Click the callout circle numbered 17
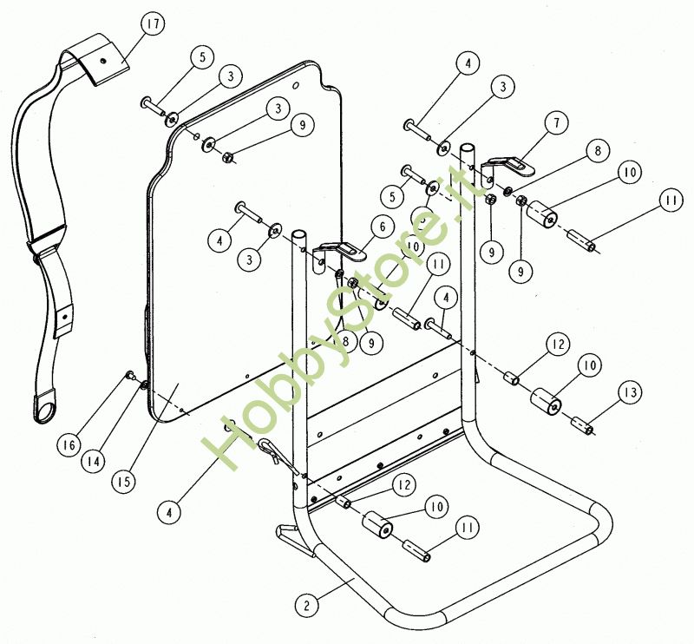tap(153, 25)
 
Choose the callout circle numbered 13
tap(631, 393)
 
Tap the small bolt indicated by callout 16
tap(129, 375)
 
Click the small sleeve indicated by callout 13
tap(581, 426)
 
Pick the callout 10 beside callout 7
tap(630, 174)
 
